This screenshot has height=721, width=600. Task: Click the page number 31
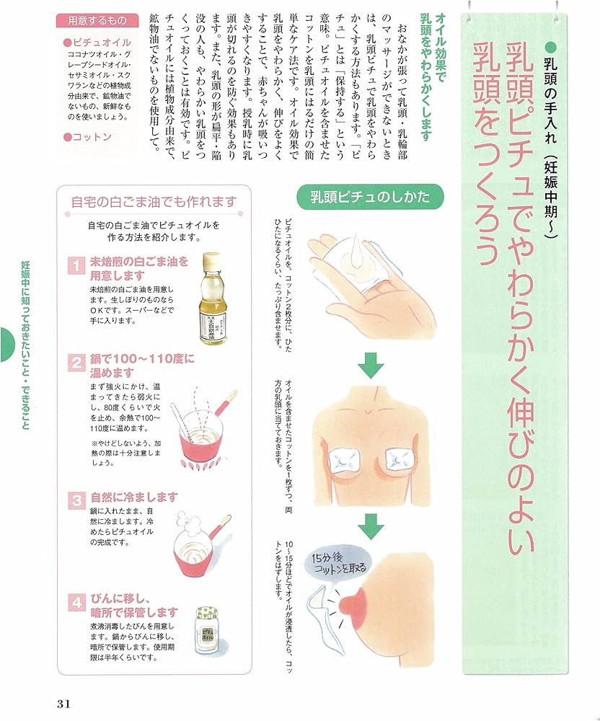[x=60, y=702]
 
